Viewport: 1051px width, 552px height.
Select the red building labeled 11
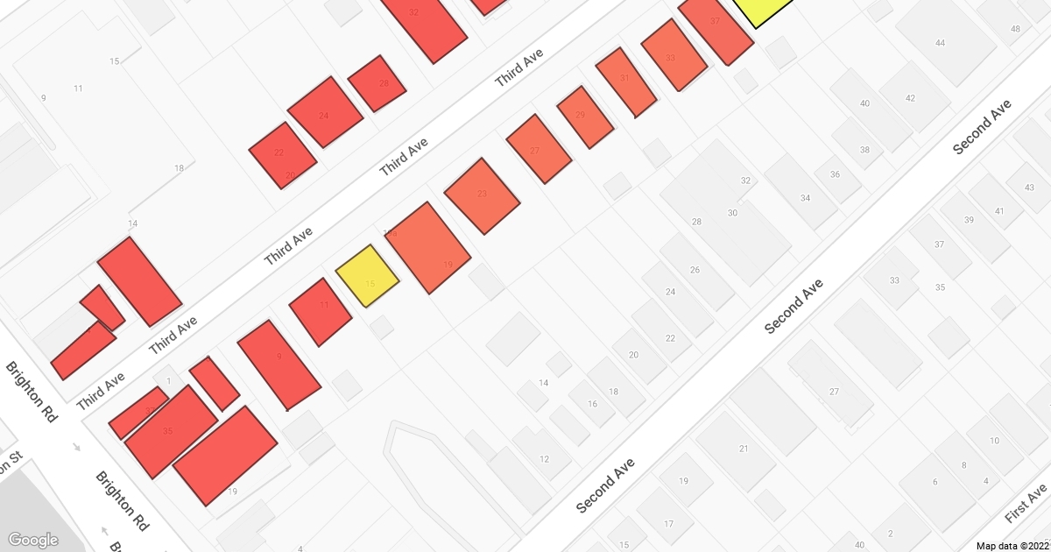coord(320,311)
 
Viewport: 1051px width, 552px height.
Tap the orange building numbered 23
coord(482,196)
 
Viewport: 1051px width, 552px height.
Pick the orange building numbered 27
coord(539,149)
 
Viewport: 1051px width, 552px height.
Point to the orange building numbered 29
coord(585,117)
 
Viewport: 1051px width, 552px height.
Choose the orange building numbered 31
coord(626,81)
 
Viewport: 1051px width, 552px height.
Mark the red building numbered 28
coord(377,84)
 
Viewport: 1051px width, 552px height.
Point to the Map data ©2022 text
coord(1012,545)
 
